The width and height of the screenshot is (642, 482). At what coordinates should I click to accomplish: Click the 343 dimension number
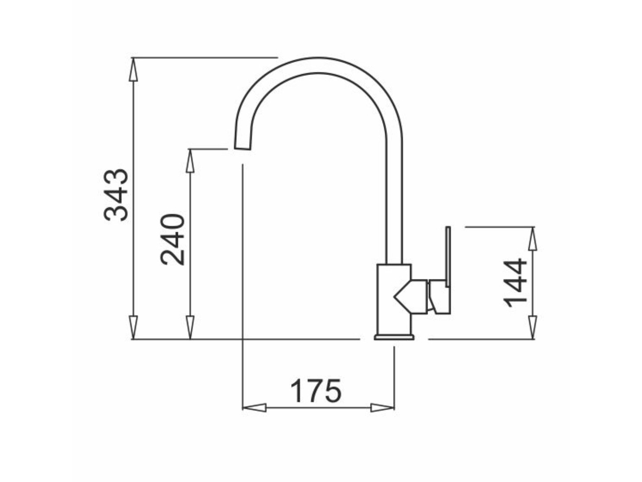[x=116, y=195]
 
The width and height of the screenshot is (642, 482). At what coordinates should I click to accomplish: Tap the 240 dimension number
[x=173, y=240]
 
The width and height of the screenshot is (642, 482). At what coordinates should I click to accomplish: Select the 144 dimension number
[x=515, y=283]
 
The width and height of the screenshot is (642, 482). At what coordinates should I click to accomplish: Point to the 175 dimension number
[x=316, y=391]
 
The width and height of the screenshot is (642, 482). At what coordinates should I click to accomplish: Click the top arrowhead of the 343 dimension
[x=133, y=69]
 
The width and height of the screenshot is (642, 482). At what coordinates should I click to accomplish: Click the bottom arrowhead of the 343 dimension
[x=133, y=328]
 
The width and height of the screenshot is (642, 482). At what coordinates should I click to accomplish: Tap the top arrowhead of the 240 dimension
[x=190, y=161]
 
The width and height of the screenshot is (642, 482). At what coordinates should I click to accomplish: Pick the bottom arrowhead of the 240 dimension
[x=190, y=328]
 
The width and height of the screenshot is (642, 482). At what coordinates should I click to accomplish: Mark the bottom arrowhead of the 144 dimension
[x=533, y=328]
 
